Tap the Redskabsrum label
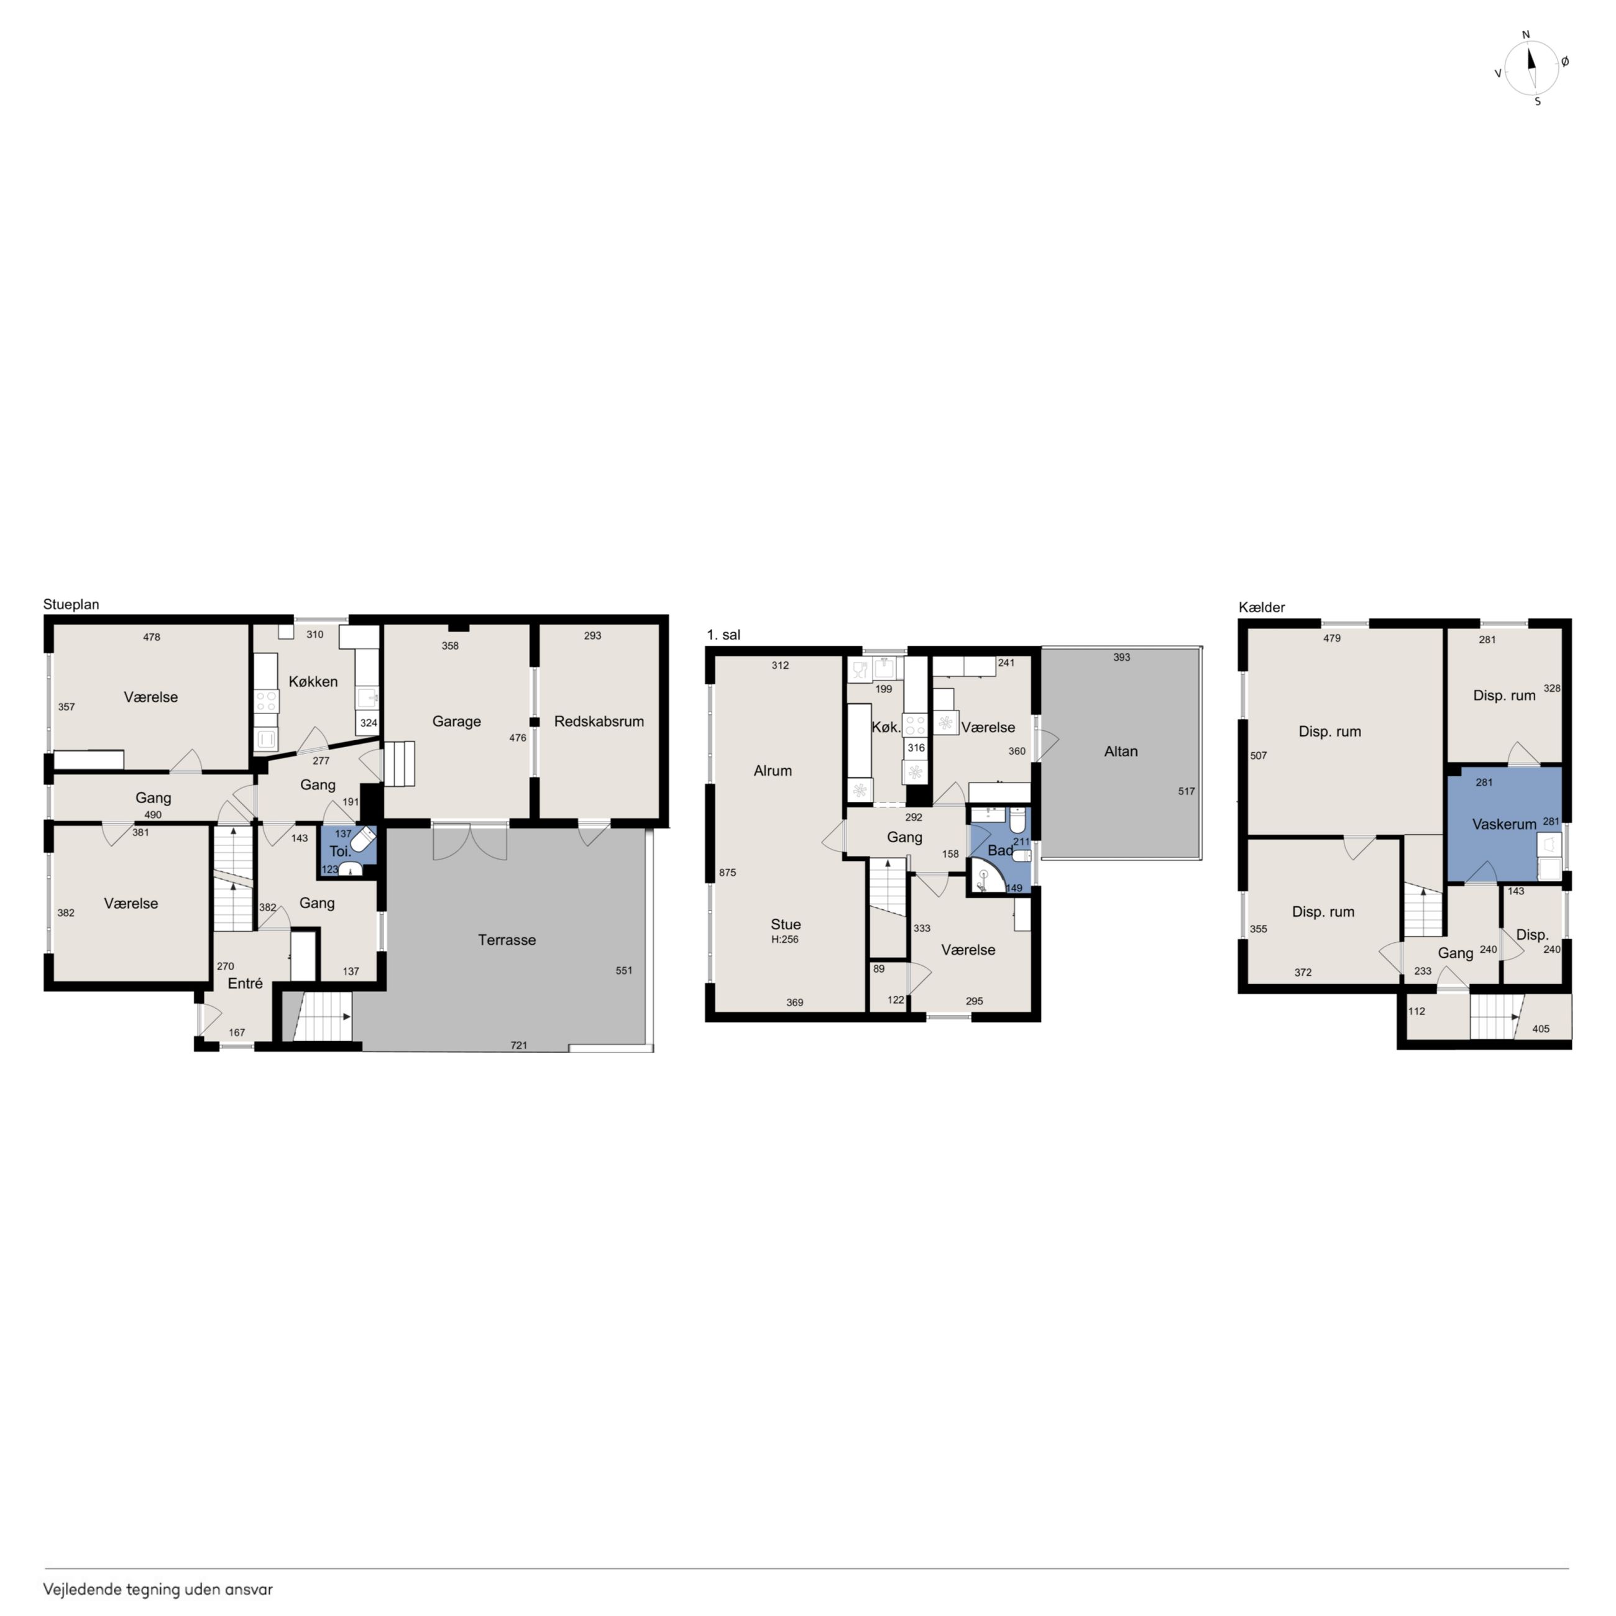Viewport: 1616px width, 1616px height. tap(599, 721)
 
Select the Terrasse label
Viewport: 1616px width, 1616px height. tap(507, 939)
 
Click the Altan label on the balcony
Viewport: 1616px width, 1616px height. tap(1121, 751)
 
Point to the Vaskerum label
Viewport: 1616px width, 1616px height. tap(1504, 824)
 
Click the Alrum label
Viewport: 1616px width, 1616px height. tap(772, 770)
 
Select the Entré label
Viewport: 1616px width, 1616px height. tap(245, 983)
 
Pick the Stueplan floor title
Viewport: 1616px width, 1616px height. tap(71, 604)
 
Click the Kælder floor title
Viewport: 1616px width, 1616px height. tap(1261, 607)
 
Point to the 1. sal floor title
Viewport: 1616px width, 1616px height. tap(723, 635)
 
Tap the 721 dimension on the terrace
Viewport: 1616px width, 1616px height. tap(518, 1045)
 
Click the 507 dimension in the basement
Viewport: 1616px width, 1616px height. tap(1258, 755)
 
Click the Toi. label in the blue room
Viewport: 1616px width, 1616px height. tap(339, 852)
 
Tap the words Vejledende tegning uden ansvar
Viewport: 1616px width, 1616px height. tap(158, 1589)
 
